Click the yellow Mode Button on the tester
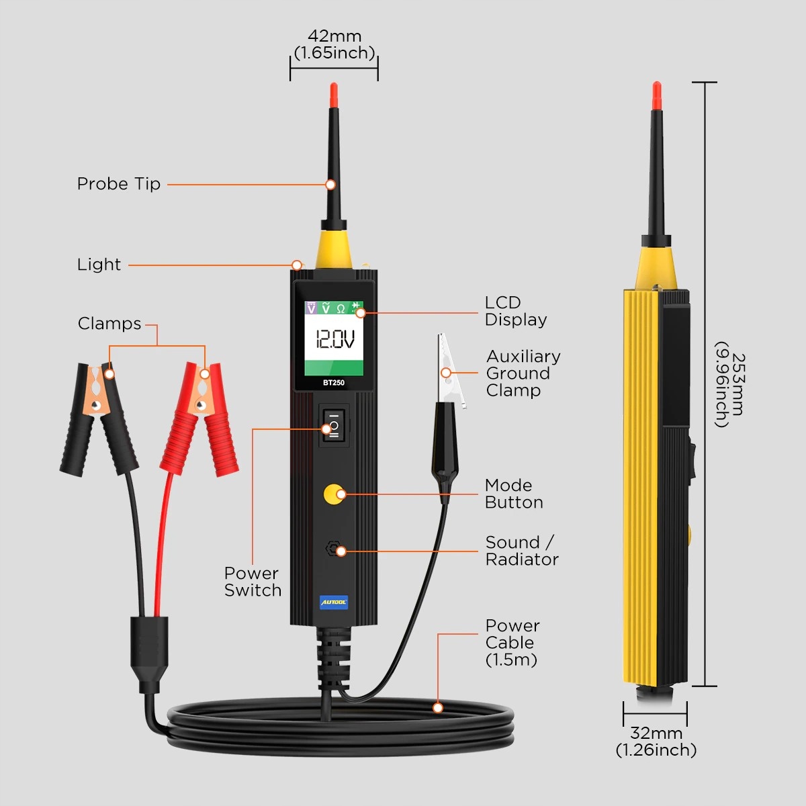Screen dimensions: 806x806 332,495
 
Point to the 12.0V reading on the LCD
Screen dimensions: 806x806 334,340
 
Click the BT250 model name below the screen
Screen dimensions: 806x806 334,383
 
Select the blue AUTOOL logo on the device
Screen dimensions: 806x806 334,602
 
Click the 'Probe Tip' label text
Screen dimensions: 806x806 119,184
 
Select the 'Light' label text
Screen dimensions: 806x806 99,265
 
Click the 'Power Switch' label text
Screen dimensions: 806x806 253,582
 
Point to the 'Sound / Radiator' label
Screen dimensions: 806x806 521,551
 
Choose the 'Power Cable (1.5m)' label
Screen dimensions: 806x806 512,643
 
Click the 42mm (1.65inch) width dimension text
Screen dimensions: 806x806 334,44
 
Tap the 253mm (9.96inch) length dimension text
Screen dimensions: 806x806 729,390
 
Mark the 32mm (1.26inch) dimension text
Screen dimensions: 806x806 656,742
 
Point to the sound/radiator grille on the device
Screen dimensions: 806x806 332,549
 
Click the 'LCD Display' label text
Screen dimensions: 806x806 516,311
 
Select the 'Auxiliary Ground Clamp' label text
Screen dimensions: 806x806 523,373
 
